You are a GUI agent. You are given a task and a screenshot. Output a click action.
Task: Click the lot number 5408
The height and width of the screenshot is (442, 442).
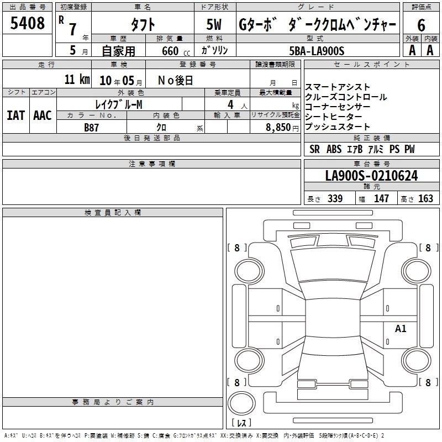point(27,23)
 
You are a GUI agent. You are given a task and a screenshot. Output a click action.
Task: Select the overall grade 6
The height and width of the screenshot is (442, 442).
point(421,25)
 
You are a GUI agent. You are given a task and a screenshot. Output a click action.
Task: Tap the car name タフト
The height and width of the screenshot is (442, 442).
point(143,24)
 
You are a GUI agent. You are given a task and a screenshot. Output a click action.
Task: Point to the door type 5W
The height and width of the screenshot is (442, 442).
point(214,24)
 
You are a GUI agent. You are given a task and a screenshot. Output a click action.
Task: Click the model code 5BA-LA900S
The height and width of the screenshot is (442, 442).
point(317,51)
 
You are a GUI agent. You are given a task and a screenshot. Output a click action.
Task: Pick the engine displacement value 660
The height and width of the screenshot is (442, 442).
point(170,51)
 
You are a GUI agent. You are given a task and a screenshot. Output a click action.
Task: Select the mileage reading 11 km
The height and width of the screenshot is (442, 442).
point(77,79)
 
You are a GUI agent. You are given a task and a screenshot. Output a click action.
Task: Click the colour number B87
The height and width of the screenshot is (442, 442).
point(91,128)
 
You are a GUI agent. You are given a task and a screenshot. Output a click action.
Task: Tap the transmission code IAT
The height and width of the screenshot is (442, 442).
point(16,115)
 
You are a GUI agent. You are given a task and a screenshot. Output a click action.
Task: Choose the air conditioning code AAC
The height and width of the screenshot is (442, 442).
point(43,115)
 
